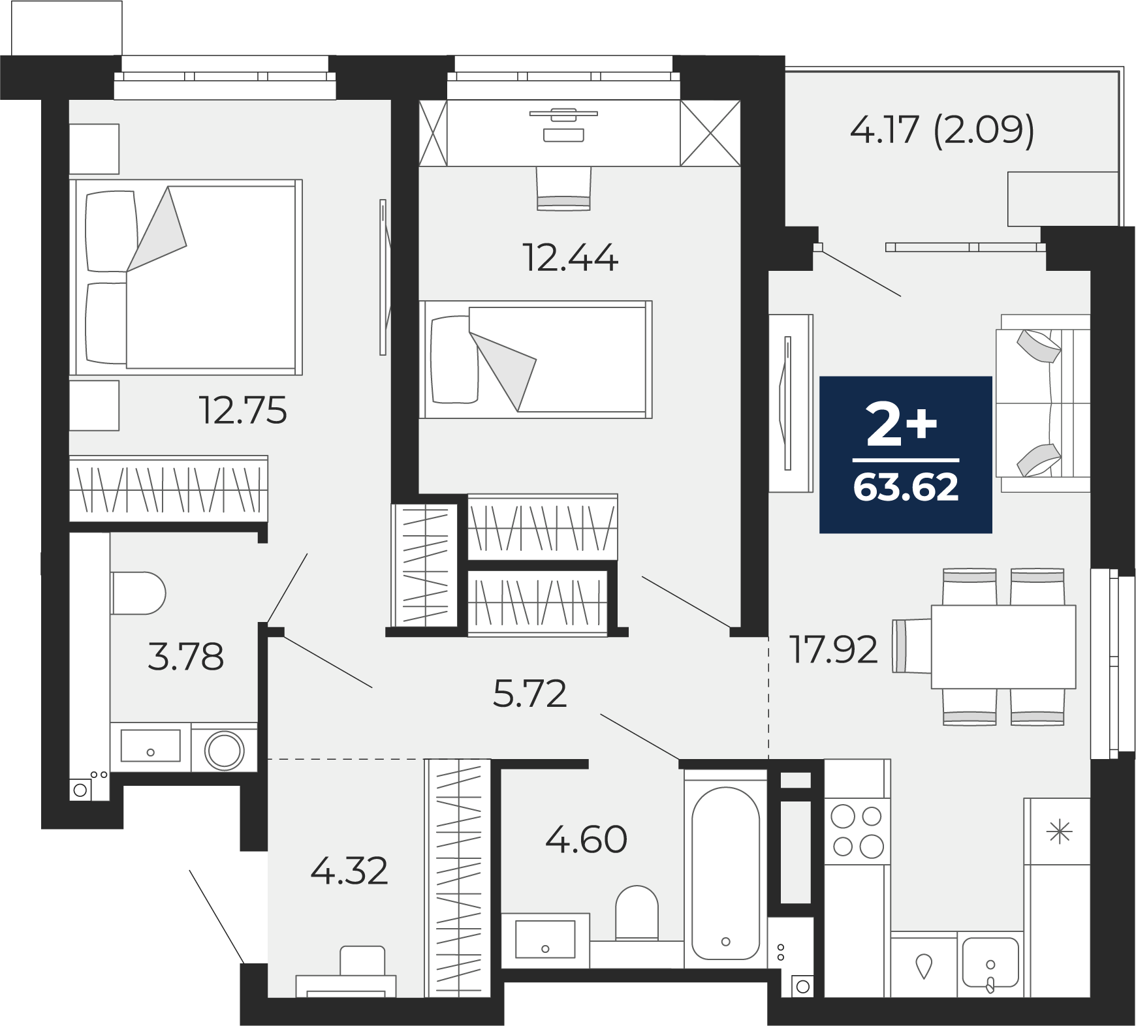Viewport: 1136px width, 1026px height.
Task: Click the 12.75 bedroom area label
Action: (244, 411)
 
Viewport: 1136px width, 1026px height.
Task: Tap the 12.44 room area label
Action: (571, 257)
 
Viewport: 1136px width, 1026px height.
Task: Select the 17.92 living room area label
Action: (834, 649)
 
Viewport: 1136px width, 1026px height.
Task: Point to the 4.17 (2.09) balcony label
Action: (942, 131)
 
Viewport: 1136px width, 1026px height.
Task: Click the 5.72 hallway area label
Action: (529, 693)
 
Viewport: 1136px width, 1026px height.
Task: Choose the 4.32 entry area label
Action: (349, 871)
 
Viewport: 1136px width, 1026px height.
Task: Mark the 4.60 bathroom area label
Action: (586, 839)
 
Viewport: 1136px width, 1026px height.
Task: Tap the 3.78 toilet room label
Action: (186, 657)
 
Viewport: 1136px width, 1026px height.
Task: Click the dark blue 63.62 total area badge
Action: (906, 454)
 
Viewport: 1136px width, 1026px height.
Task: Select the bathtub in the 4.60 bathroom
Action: (725, 869)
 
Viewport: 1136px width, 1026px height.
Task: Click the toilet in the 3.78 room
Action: (138, 593)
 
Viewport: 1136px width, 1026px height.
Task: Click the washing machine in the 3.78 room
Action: (225, 751)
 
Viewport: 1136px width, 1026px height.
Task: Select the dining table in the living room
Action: (1003, 646)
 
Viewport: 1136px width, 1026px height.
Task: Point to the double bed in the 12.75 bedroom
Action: (186, 277)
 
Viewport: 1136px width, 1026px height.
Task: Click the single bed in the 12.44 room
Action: (535, 359)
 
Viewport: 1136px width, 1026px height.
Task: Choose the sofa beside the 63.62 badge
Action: (1043, 403)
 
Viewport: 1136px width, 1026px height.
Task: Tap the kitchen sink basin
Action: (990, 963)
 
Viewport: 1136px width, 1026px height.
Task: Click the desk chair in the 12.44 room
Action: (563, 188)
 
